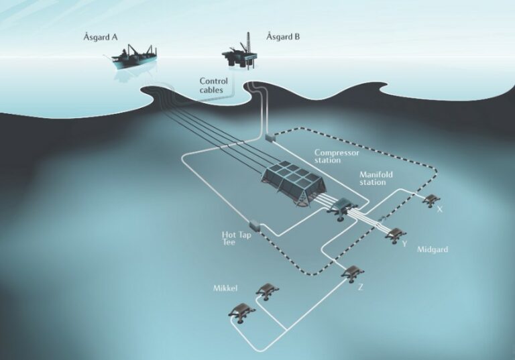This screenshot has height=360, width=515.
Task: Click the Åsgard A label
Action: (100, 37)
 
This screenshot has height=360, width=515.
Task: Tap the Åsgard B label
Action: (283, 36)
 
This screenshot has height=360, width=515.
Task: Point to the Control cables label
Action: (213, 85)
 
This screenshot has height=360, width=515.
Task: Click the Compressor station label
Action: (337, 156)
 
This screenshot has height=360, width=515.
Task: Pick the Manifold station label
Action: (376, 178)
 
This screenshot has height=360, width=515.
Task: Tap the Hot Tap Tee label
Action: (236, 239)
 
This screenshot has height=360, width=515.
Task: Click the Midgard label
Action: (433, 249)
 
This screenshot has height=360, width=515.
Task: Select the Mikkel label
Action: (225, 288)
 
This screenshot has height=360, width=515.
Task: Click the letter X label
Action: (440, 209)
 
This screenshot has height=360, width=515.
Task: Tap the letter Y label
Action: (404, 244)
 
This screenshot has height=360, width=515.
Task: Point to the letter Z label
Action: (361, 288)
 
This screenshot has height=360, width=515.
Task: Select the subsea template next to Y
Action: (396, 235)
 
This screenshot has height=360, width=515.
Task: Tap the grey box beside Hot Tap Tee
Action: (255, 225)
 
